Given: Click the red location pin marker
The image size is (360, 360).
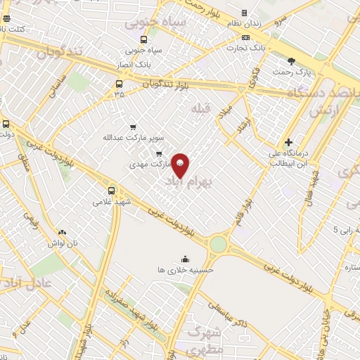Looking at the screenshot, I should [180, 165].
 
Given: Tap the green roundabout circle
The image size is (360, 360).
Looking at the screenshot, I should [218, 243].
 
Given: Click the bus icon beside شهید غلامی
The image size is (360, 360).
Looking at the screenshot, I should [111, 190].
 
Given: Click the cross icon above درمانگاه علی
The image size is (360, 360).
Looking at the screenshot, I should [288, 142].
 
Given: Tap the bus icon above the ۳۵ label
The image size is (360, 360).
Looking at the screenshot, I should [118, 82].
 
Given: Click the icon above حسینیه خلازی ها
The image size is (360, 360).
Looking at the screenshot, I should [185, 258].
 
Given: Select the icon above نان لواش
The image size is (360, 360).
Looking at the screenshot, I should [62, 231].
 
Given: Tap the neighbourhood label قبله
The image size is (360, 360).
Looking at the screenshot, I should [201, 107].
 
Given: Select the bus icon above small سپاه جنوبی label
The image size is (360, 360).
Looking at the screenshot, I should [143, 39].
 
